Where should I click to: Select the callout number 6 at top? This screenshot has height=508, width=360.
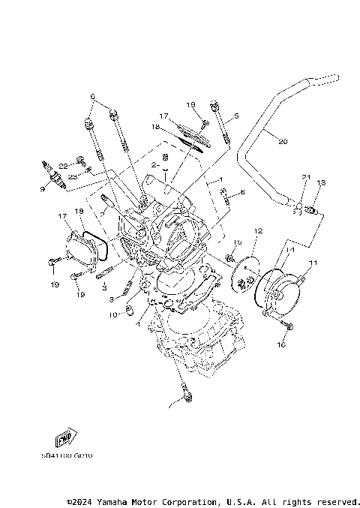point(93,96)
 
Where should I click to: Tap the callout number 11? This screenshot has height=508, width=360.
point(313,262)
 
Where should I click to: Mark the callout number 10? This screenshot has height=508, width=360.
point(112,315)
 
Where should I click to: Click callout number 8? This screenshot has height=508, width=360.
point(242,193)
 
